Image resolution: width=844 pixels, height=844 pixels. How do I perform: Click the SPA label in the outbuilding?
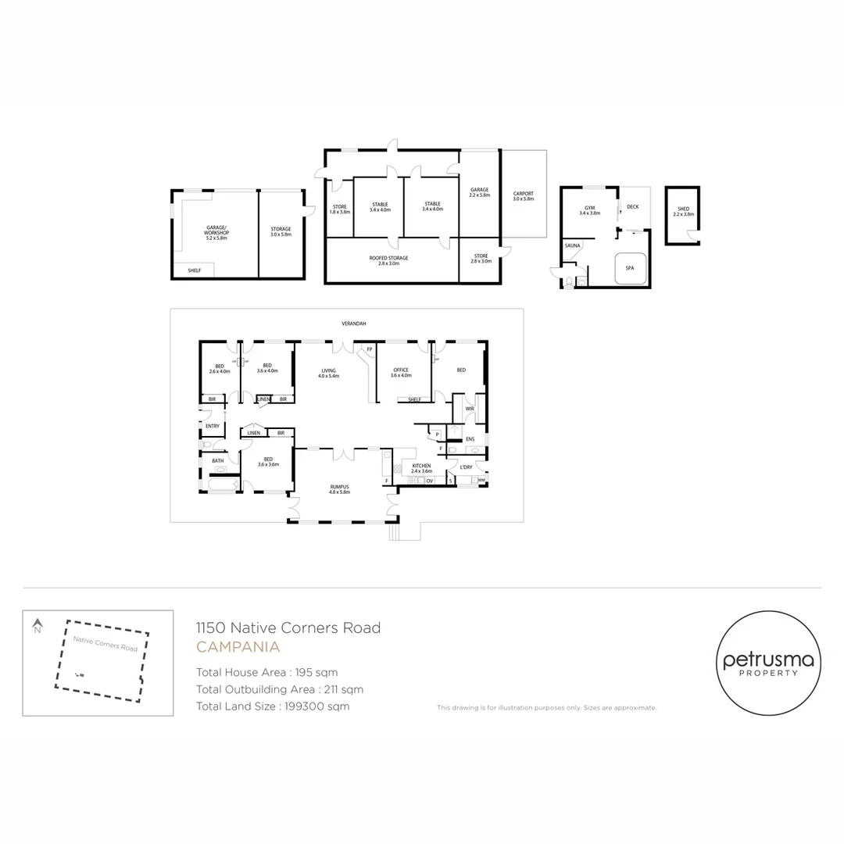coord(630,267)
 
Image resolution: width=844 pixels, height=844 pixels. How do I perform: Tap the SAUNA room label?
coord(572,245)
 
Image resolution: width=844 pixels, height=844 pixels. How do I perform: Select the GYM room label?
coord(589,208)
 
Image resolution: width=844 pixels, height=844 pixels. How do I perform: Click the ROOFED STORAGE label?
coord(388,258)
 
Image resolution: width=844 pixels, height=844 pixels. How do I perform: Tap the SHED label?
coord(683,209)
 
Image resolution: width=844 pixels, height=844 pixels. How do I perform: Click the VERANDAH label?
coord(353,323)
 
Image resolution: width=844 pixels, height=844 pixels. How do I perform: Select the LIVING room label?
coord(328,370)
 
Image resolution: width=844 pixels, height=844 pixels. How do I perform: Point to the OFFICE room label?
coord(401,370)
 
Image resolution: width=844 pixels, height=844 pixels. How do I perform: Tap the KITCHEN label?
coord(421,466)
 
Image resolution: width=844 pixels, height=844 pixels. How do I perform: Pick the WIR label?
coord(470,408)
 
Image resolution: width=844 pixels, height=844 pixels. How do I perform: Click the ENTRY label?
coord(212,426)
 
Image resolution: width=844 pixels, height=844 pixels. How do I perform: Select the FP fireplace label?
coord(369,349)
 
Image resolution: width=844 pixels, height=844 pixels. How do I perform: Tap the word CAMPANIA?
coord(238,647)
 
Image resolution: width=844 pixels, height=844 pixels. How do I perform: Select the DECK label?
coord(632,207)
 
